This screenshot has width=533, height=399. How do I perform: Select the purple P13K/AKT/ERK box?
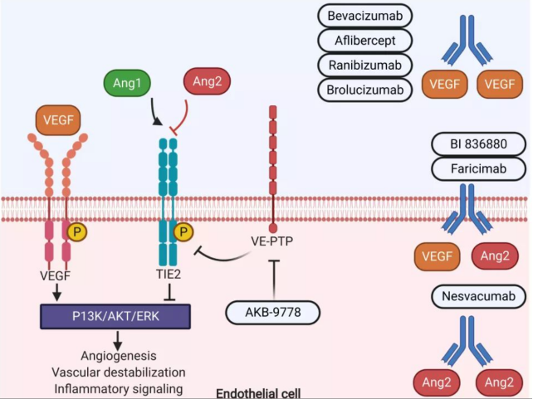tap(115, 316)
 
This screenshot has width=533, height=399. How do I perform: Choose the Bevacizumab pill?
tap(366, 16)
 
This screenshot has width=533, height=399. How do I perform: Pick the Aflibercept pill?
tap(366, 40)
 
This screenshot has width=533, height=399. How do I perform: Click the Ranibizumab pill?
tap(366, 65)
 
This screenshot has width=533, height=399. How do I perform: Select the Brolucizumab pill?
tap(366, 89)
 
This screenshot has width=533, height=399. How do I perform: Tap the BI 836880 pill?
tap(478, 144)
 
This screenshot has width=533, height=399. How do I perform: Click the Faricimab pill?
tap(478, 168)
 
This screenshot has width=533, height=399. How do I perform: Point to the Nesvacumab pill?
tap(478, 296)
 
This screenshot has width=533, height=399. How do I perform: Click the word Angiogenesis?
tap(118, 355)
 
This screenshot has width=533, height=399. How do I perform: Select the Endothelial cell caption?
tap(258, 392)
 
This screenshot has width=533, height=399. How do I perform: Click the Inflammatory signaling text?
tap(118, 387)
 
